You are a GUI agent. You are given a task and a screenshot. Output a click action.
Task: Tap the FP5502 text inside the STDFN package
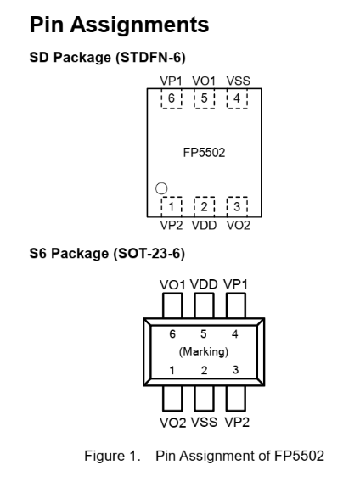pyautogui.click(x=204, y=153)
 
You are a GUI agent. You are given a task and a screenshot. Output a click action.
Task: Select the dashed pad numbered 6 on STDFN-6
pyautogui.click(x=172, y=98)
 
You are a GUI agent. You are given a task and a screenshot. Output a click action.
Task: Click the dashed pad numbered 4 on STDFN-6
pyautogui.click(x=237, y=98)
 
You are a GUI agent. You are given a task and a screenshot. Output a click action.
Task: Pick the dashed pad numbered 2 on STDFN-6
pyautogui.click(x=204, y=206)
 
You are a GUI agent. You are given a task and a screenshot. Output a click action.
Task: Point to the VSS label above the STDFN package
pyautogui.click(x=238, y=81)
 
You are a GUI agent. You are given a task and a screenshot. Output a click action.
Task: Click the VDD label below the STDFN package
pyautogui.click(x=204, y=226)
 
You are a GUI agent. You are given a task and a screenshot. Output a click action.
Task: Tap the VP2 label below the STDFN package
pyautogui.click(x=172, y=226)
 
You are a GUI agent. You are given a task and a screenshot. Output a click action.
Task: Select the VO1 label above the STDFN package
pyautogui.click(x=204, y=81)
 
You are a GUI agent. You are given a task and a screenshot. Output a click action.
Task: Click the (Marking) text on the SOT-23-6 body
pyautogui.click(x=204, y=351)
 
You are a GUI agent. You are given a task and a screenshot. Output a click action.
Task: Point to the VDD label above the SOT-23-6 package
pyautogui.click(x=204, y=284)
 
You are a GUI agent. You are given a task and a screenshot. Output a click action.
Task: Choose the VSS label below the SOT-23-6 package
pyautogui.click(x=204, y=422)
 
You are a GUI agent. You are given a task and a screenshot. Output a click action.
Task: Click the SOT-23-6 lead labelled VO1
pyautogui.click(x=172, y=305)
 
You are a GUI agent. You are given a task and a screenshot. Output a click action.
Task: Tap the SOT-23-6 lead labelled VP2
pyautogui.click(x=236, y=398)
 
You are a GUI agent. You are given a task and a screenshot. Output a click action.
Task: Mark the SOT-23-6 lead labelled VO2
pyautogui.click(x=172, y=398)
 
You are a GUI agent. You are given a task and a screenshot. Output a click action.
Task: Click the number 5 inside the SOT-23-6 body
pyautogui.click(x=204, y=333)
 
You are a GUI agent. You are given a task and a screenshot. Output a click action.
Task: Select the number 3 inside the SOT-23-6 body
pyautogui.click(x=235, y=369)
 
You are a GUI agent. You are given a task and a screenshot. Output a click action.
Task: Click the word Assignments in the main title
pyautogui.click(x=140, y=25)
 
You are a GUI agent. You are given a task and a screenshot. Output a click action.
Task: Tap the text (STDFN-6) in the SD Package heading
pyautogui.click(x=151, y=58)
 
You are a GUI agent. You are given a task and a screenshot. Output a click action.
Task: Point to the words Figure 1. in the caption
pyautogui.click(x=112, y=456)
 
